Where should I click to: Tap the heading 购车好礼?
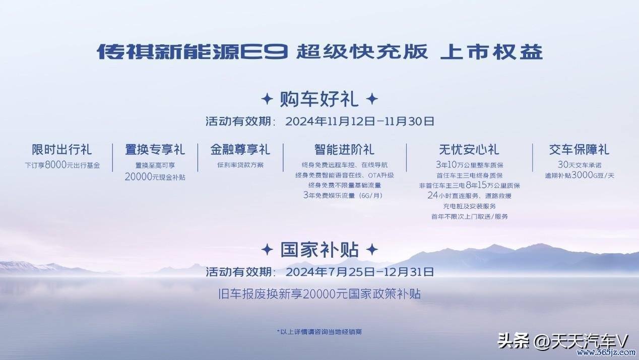pyautogui.click(x=319, y=99)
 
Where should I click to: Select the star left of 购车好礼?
pyautogui.click(x=267, y=99)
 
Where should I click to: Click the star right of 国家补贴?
pyautogui.click(x=372, y=250)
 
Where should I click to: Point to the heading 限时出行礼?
pyautogui.click(x=61, y=150)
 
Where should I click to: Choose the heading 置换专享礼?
pyautogui.click(x=155, y=150)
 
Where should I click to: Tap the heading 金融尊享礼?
pyautogui.click(x=240, y=150)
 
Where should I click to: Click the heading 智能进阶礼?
pyautogui.click(x=344, y=150)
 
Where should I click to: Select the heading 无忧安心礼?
pyautogui.click(x=469, y=150)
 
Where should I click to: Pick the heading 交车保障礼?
pyautogui.click(x=580, y=150)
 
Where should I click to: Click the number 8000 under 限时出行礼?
pyautogui.click(x=55, y=165)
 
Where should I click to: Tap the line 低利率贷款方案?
pyautogui.click(x=240, y=165)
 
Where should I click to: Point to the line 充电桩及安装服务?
pyautogui.click(x=469, y=206)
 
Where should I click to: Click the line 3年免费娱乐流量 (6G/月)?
pyautogui.click(x=343, y=196)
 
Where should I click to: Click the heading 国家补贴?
pyautogui.click(x=319, y=250)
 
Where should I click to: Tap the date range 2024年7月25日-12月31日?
pyautogui.click(x=360, y=272)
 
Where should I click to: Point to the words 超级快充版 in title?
pyautogui.click(x=362, y=51)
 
